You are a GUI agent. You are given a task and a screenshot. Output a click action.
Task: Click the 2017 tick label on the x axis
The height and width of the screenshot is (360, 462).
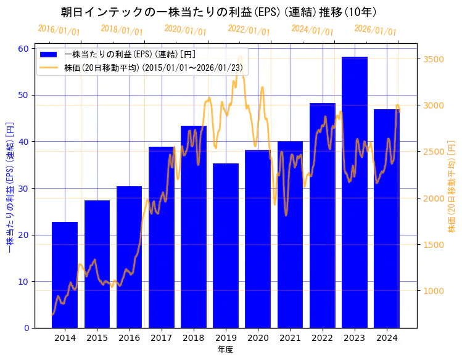pyautogui.click(x=161, y=338)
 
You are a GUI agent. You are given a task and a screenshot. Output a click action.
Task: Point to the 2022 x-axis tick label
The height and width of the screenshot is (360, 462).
pyautogui.click(x=322, y=338)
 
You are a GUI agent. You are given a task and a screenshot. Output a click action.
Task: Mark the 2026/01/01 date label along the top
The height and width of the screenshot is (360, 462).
pyautogui.click(x=375, y=30)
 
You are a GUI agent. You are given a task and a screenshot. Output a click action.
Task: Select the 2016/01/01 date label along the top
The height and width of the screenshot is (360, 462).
pyautogui.click(x=59, y=30)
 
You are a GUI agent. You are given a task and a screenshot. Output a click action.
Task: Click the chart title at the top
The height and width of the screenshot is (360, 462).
pyautogui.click(x=219, y=12)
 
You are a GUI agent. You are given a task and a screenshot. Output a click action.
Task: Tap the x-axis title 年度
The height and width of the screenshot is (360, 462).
pyautogui.click(x=225, y=350)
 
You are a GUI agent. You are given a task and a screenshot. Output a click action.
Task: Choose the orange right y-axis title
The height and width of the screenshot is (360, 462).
pyautogui.click(x=452, y=188)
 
